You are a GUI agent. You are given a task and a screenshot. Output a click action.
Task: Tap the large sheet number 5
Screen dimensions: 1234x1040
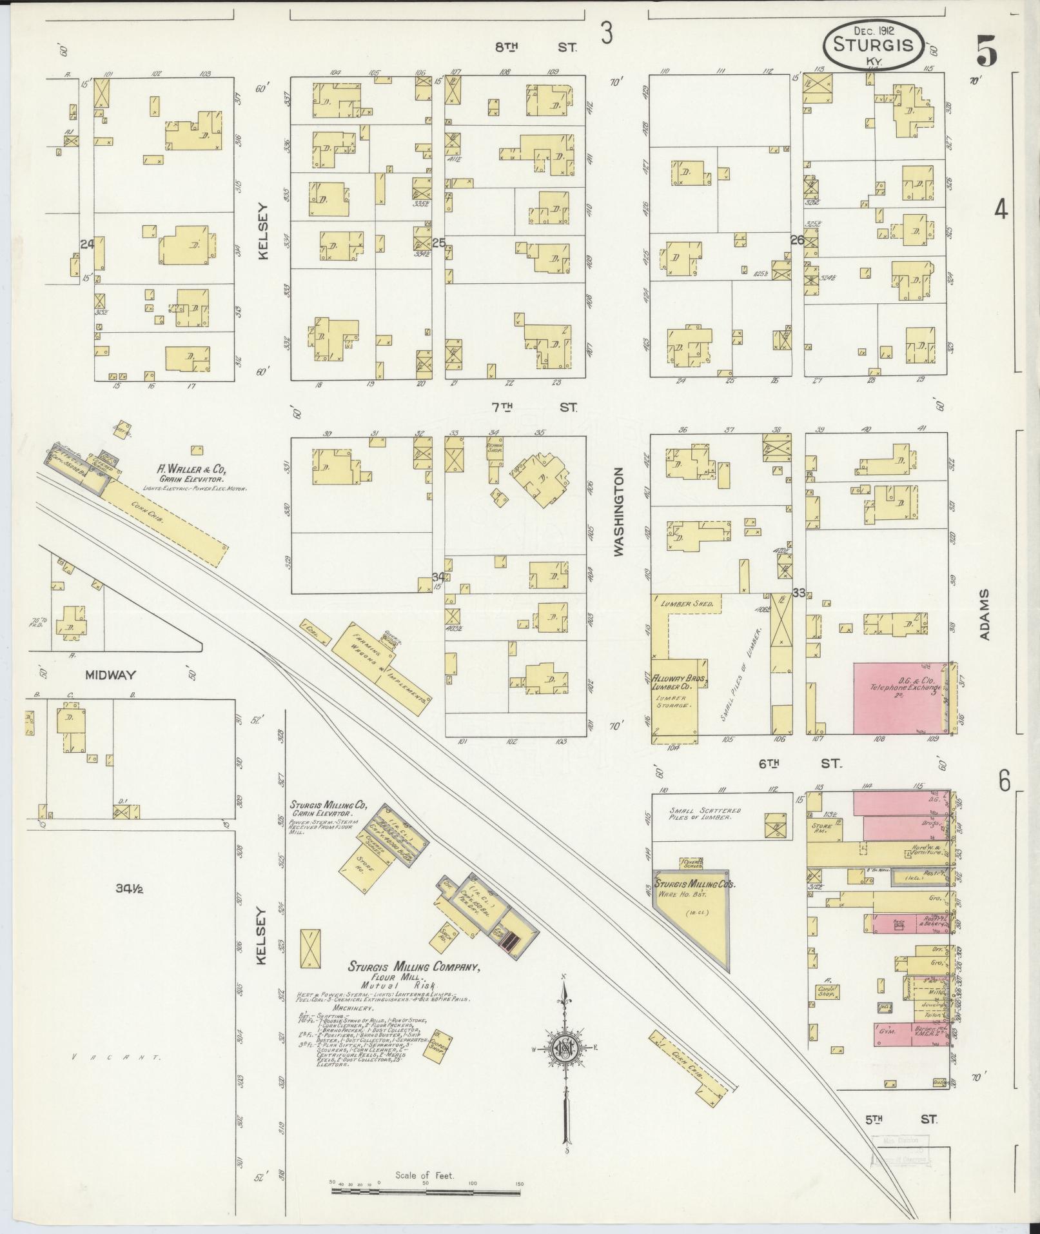[x=986, y=51]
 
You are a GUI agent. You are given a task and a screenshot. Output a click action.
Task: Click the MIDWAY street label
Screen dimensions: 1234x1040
[x=110, y=675]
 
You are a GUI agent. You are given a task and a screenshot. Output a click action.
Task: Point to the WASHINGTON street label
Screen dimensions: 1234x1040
[x=620, y=512]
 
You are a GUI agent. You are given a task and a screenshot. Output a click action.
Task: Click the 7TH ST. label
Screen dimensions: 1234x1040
[x=535, y=407]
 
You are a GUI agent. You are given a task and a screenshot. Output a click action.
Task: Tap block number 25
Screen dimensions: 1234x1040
[x=438, y=243]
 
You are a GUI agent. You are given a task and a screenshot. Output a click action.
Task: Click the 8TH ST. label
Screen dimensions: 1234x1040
[x=535, y=47]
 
